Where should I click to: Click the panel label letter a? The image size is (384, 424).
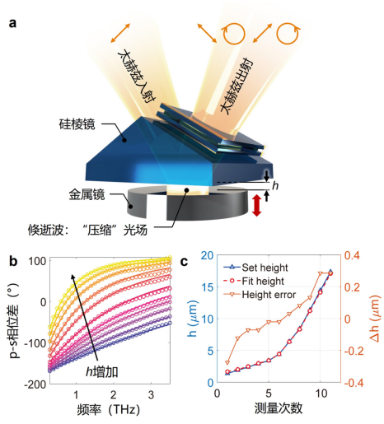click(x=12, y=23)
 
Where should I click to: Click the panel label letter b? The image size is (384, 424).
click(x=13, y=261)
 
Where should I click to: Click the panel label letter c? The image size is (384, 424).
click(x=184, y=262)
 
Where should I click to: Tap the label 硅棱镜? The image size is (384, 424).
click(x=77, y=124)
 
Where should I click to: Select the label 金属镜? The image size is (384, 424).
click(x=87, y=194)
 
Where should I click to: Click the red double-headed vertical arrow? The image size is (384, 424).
click(x=256, y=205)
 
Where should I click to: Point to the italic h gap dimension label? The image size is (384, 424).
click(x=275, y=186)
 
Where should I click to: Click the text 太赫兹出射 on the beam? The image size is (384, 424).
click(x=237, y=86)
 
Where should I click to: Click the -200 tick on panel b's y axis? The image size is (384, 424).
click(x=35, y=384)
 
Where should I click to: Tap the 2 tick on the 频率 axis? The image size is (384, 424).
click(x=114, y=395)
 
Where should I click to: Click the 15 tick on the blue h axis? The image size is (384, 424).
click(x=207, y=287)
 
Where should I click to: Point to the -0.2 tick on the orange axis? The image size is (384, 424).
click(x=354, y=351)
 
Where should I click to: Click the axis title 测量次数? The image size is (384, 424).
click(x=279, y=408)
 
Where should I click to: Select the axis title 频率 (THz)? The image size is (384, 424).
click(x=108, y=409)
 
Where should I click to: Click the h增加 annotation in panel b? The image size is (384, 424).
click(x=102, y=372)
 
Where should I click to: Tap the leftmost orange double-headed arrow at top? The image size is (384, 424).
click(x=120, y=33)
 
